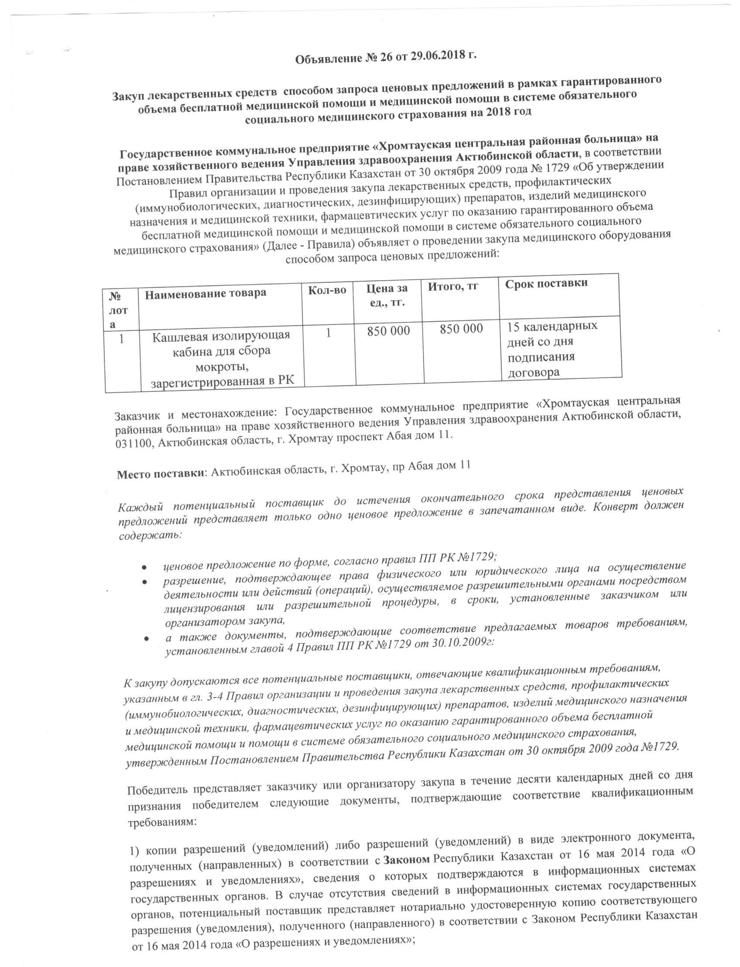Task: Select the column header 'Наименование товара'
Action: (x=205, y=292)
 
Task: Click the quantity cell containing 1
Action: (x=328, y=333)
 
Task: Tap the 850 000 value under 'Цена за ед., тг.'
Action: (x=388, y=331)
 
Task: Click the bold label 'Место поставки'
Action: (x=161, y=475)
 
